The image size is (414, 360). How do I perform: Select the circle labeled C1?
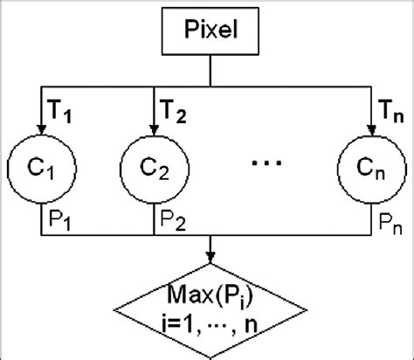click(41, 165)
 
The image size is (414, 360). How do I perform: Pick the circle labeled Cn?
click(366, 165)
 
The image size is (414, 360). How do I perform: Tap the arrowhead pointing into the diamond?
click(210, 258)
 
